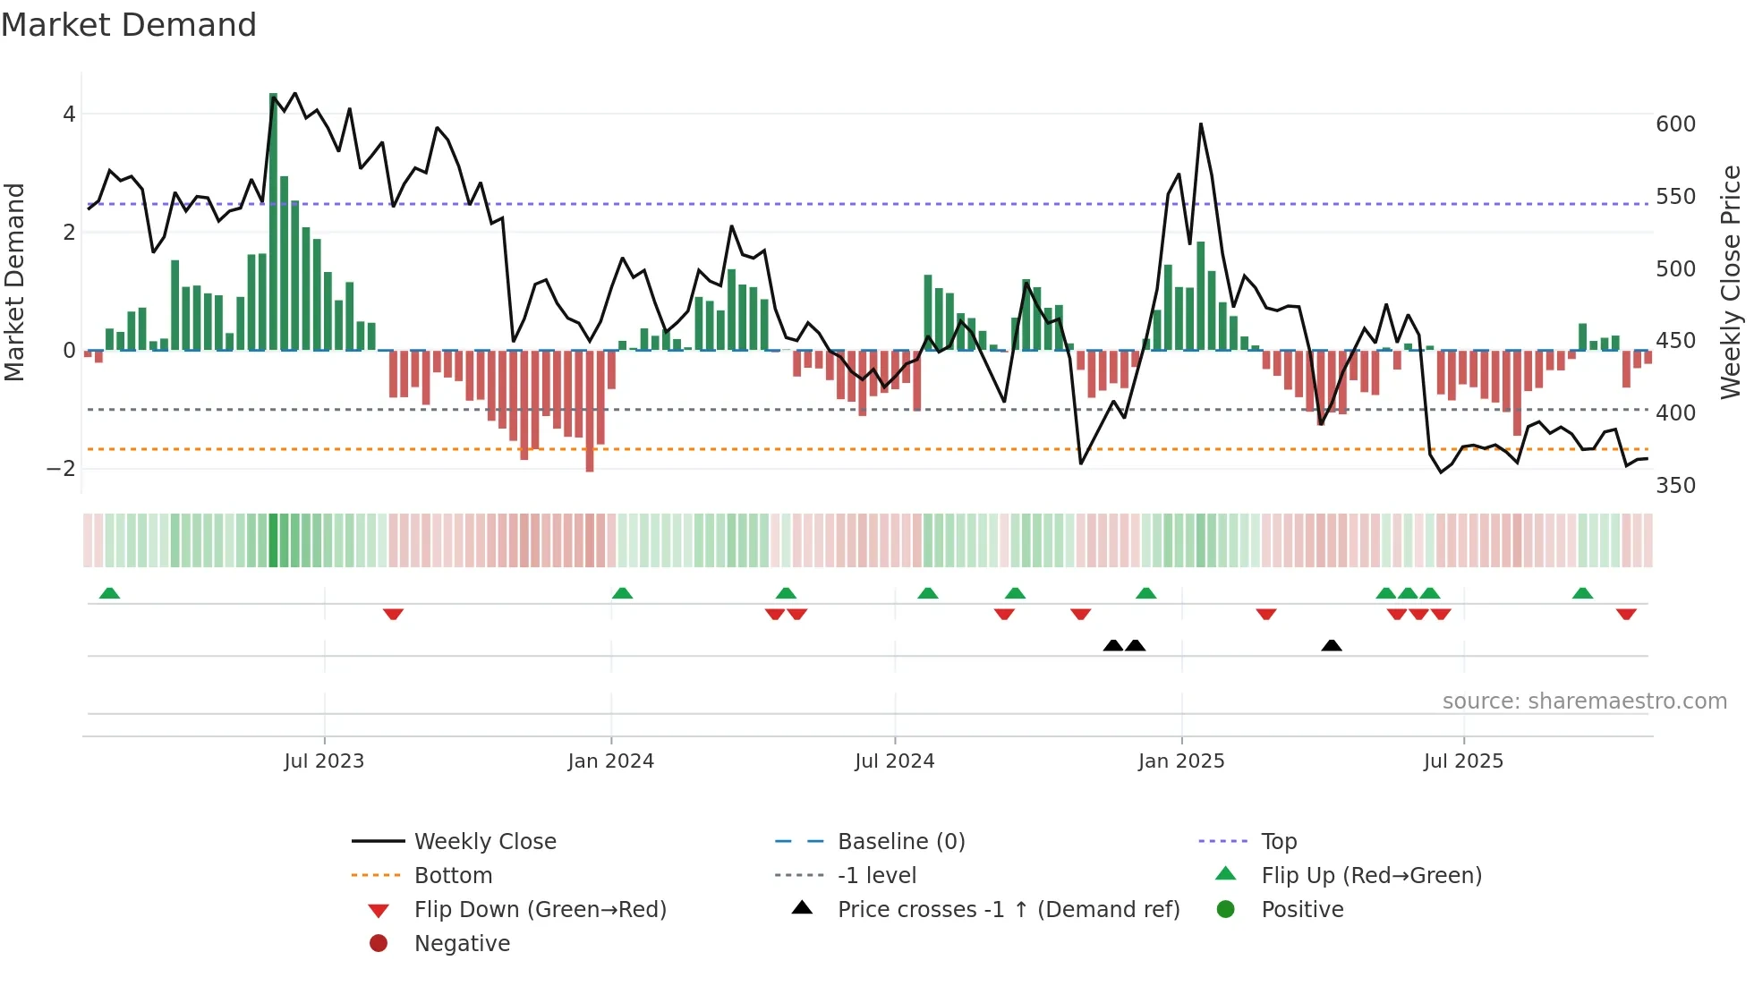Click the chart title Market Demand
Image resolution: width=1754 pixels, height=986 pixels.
click(x=129, y=25)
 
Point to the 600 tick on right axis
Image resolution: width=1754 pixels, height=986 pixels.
click(x=1675, y=124)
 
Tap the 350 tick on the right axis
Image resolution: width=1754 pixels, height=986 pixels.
click(x=1675, y=486)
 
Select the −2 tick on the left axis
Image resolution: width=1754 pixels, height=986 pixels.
click(x=61, y=469)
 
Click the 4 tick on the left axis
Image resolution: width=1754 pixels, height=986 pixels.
click(x=69, y=115)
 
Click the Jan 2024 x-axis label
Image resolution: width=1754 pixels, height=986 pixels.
click(x=610, y=761)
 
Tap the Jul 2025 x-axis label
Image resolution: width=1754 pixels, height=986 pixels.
click(x=1463, y=761)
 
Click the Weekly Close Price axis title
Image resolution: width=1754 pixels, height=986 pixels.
click(x=1731, y=282)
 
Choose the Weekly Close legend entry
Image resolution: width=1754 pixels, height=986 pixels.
click(x=484, y=842)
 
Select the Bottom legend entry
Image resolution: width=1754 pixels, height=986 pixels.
click(x=453, y=876)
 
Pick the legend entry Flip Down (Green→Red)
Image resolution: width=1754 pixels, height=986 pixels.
click(x=540, y=910)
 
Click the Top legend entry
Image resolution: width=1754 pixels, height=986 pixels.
click(x=1279, y=842)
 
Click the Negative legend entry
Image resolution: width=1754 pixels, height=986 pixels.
click(x=462, y=944)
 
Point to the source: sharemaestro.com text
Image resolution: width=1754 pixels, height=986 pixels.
click(x=1584, y=701)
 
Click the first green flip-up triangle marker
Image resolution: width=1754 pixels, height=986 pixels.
click(x=109, y=593)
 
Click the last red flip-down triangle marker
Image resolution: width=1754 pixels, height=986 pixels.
click(x=1626, y=614)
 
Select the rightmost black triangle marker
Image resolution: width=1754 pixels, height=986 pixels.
click(x=1332, y=645)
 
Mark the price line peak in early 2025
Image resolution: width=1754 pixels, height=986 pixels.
click(x=1200, y=124)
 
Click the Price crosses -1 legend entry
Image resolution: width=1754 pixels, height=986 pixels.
click(x=1009, y=910)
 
